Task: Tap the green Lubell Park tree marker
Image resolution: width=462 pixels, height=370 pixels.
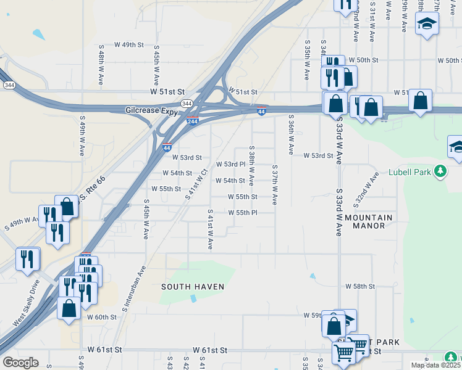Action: click(x=440, y=170)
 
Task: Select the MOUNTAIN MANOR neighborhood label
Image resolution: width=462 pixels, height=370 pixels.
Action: click(x=369, y=222)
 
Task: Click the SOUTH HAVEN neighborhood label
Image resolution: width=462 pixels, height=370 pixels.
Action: click(x=193, y=287)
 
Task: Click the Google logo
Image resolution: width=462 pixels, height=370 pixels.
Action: click(x=20, y=363)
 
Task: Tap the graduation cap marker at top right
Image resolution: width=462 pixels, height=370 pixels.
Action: click(x=426, y=25)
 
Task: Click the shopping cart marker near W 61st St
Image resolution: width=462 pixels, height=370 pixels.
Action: click(x=344, y=353)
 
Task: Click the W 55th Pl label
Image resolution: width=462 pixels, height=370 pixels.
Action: click(x=242, y=213)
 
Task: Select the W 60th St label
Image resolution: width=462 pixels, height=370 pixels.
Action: click(x=102, y=317)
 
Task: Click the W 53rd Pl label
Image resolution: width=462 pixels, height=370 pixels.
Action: click(x=230, y=165)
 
